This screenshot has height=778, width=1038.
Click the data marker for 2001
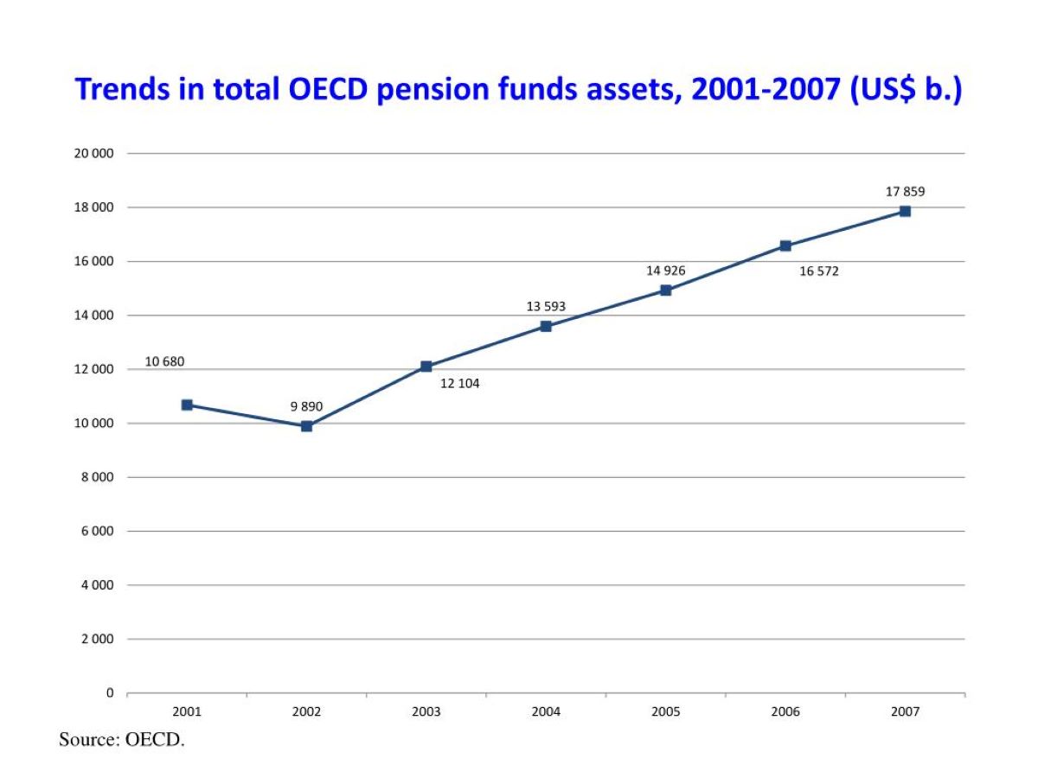click(x=187, y=405)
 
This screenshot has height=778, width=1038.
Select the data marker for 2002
click(x=306, y=426)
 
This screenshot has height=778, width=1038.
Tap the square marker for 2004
click(x=546, y=326)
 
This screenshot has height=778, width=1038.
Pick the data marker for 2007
click(x=905, y=211)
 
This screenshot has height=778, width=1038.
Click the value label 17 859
click(x=905, y=192)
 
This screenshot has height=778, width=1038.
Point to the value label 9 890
click(x=306, y=406)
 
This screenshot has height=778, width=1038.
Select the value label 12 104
click(x=459, y=384)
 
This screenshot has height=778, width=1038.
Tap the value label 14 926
click(x=665, y=271)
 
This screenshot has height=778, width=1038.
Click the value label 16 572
click(x=818, y=271)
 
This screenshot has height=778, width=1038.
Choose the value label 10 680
click(x=164, y=362)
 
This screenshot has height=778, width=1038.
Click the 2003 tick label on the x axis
click(x=426, y=712)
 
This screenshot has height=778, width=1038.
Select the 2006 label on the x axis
click(x=785, y=712)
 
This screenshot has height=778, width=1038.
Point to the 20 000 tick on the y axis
click(x=96, y=154)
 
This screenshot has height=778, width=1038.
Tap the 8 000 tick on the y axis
click(x=99, y=477)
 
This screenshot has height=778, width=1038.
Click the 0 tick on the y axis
click(x=109, y=693)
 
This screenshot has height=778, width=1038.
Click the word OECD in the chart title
click(x=324, y=90)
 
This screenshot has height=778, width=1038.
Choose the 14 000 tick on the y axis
click(x=96, y=316)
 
